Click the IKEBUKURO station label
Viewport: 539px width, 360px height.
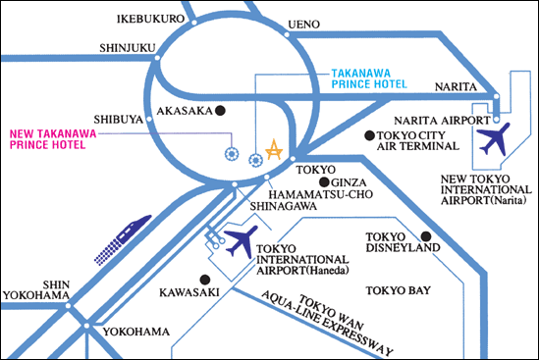click(151, 19)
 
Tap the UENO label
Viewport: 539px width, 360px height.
click(305, 25)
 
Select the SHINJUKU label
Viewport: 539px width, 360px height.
click(128, 46)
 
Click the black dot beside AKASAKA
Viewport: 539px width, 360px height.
click(222, 110)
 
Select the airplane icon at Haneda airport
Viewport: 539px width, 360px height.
click(241, 240)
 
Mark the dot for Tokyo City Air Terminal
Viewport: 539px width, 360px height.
click(368, 134)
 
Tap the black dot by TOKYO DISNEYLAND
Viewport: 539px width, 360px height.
click(427, 235)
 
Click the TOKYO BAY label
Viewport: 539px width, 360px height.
click(399, 290)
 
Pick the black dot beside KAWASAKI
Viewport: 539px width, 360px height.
click(202, 279)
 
